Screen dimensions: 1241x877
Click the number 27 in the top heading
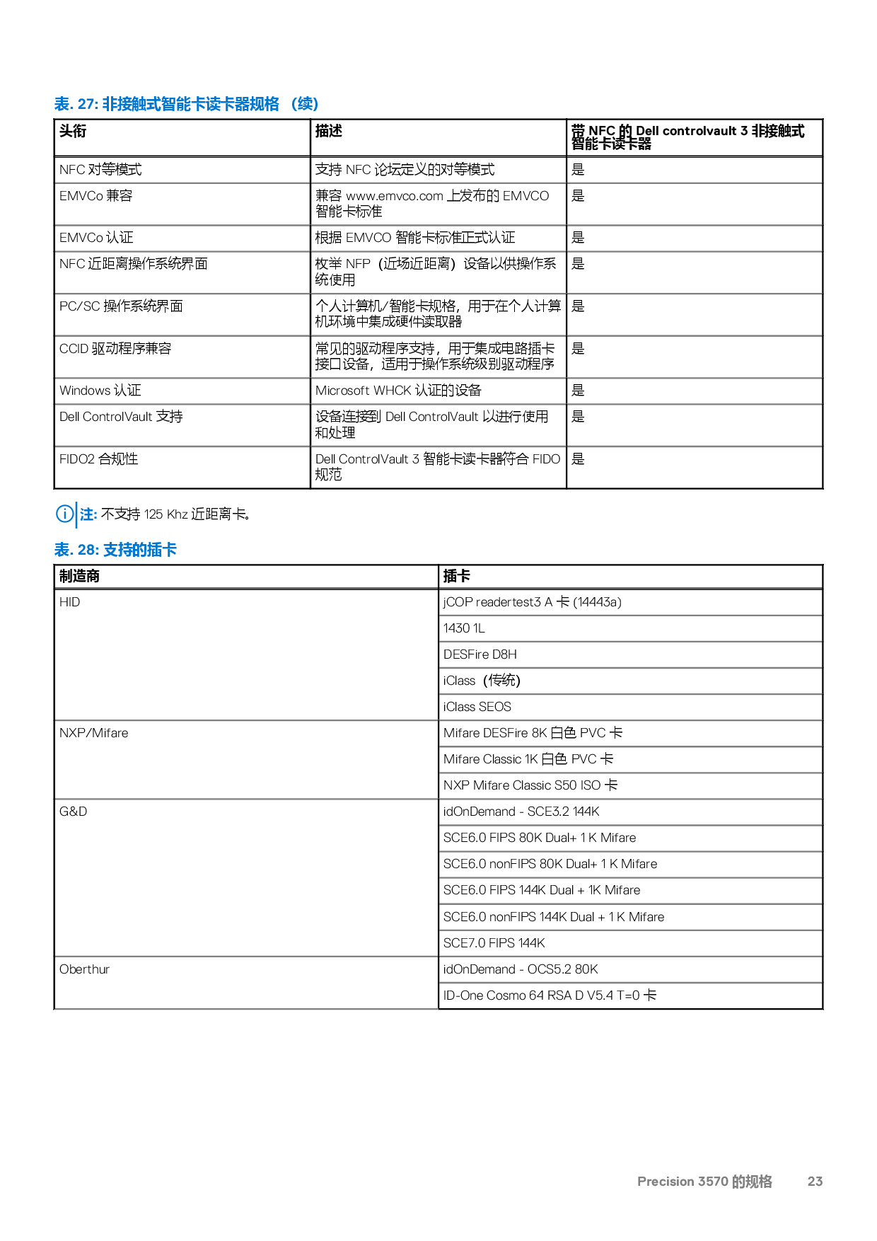point(86,104)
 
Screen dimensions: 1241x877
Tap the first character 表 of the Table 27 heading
point(62,104)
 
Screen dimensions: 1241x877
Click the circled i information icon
point(64,514)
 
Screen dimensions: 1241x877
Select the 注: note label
point(88,514)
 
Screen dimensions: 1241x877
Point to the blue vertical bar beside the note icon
point(76,514)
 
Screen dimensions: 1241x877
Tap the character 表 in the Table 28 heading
point(62,550)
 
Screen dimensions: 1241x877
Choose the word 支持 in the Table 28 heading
point(117,550)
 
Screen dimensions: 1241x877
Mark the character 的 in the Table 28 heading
point(139,550)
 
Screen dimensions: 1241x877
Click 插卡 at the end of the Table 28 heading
point(162,550)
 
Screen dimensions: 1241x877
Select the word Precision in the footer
point(666,1181)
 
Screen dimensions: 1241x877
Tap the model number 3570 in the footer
point(713,1181)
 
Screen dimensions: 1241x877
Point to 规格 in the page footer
point(760,1181)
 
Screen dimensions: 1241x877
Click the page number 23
point(815,1181)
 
